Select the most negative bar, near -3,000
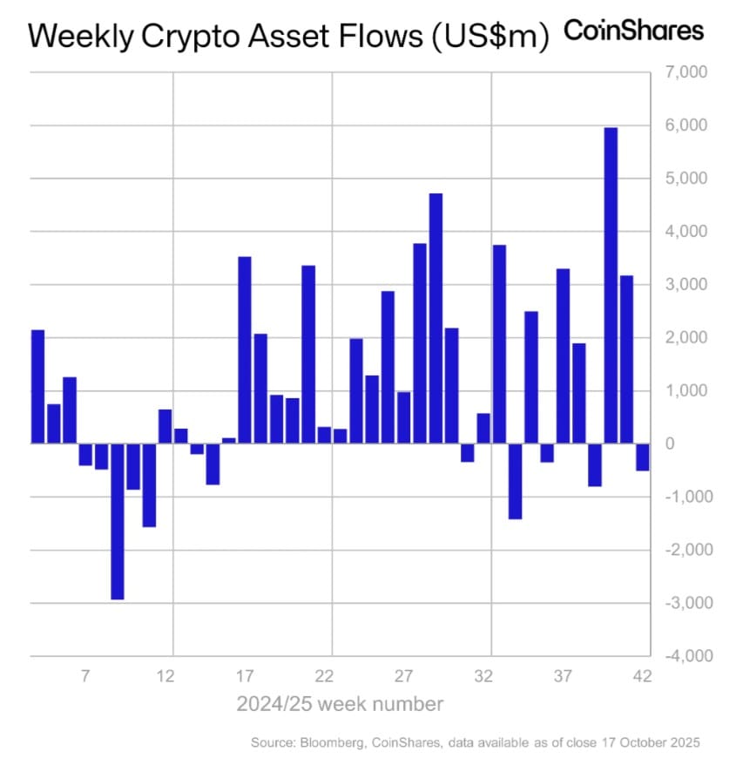pos(117,521)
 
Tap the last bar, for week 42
pos(643,457)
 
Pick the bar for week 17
pos(245,349)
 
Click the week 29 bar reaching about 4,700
pos(435,318)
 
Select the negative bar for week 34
pos(515,481)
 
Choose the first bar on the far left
pos(37,387)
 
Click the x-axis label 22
pos(325,676)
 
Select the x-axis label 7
pos(85,676)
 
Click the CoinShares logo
pos(633,31)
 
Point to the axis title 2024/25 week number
pos(340,703)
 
